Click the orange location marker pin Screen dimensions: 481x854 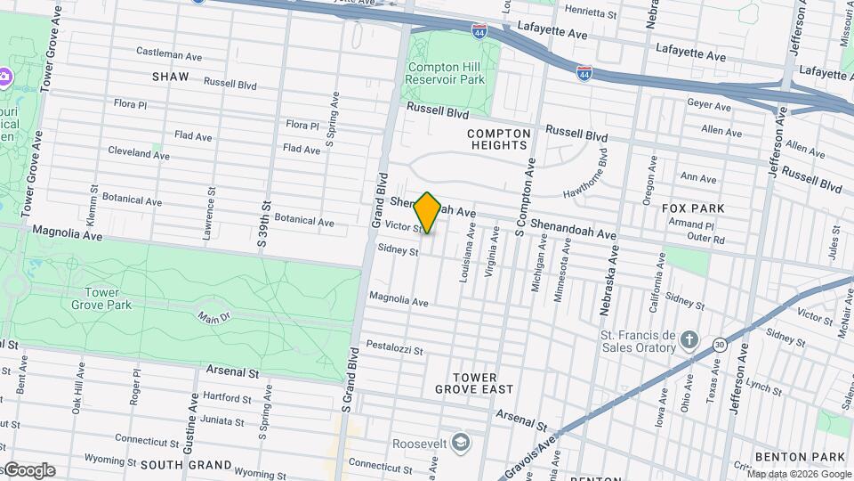427,213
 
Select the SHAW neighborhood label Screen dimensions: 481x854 171,77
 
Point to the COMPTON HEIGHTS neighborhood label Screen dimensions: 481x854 499,139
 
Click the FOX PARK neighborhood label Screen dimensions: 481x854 693,208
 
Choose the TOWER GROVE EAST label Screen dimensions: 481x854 474,383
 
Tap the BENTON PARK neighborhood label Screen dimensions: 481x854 799,457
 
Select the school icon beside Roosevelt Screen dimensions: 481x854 460,442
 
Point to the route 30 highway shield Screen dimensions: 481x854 719,345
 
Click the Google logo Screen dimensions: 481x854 29,470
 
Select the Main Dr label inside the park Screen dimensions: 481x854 213,316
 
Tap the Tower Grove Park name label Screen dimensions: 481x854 101,298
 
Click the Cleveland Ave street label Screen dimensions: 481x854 138,152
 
